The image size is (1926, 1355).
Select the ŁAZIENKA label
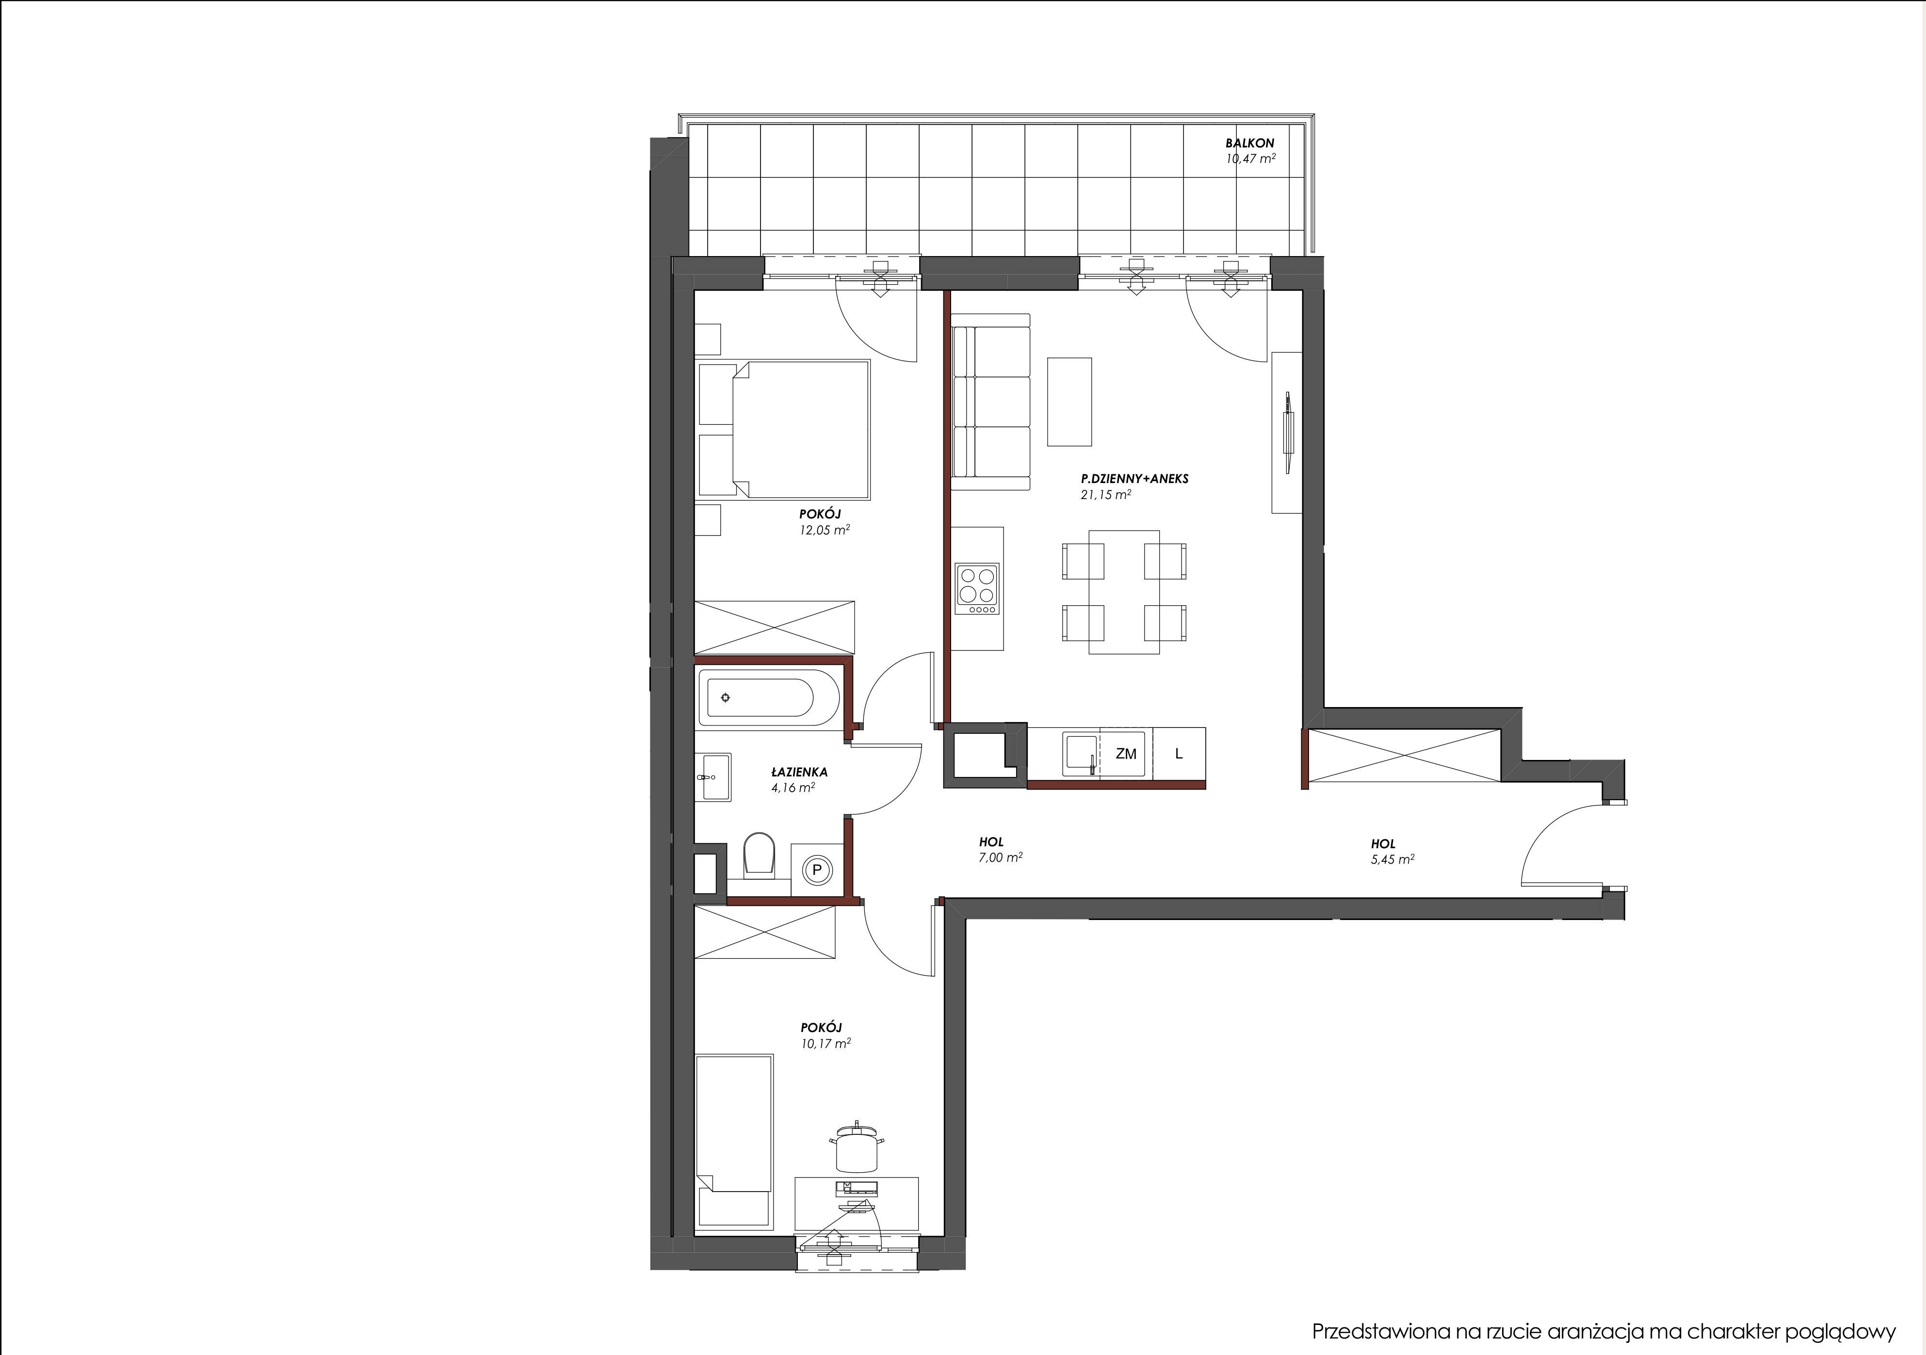pos(799,772)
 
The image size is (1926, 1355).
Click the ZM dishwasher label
pos(1126,754)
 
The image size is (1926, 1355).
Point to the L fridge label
pos(1179,754)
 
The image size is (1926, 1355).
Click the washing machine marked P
pos(816,870)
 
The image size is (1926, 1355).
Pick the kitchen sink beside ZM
pos(1081,754)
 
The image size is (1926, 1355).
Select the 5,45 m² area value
pos(1392,859)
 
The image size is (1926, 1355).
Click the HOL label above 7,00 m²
pos(991,841)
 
